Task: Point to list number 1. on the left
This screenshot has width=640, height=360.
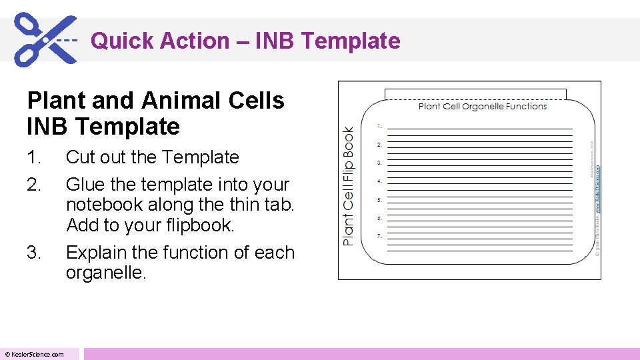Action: (x=33, y=157)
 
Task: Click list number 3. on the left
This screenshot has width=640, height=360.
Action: (x=34, y=253)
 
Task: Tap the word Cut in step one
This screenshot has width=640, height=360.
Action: (x=81, y=157)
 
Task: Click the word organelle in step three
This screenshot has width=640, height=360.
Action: (x=103, y=273)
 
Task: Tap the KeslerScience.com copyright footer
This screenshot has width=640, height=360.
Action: (x=35, y=354)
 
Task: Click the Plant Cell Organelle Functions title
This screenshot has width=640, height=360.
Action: (x=483, y=106)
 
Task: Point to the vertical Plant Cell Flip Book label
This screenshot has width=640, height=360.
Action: (x=349, y=186)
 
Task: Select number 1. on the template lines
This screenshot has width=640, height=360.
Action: (x=379, y=125)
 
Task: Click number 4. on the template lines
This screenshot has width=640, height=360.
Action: (x=379, y=181)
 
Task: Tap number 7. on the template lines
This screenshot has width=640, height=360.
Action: (x=379, y=236)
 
